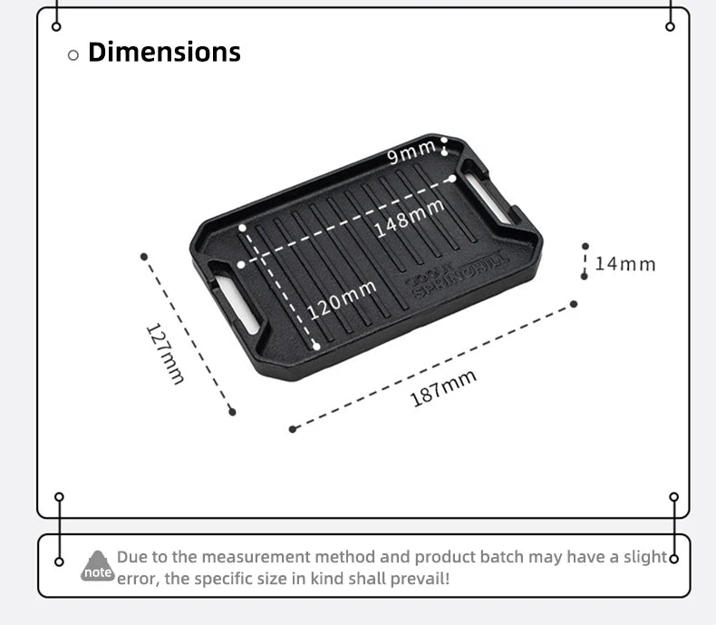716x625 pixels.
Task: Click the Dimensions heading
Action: tap(164, 53)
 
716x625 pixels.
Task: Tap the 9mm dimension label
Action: tap(411, 154)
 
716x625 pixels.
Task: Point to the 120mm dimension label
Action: tap(342, 298)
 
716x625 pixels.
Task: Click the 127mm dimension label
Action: tap(165, 353)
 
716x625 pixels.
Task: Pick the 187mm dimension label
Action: tap(443, 389)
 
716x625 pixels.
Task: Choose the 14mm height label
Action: tap(624, 264)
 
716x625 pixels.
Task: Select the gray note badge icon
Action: tap(97, 566)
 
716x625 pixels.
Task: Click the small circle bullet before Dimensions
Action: tap(73, 55)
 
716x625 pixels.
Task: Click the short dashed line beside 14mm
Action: tap(585, 261)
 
